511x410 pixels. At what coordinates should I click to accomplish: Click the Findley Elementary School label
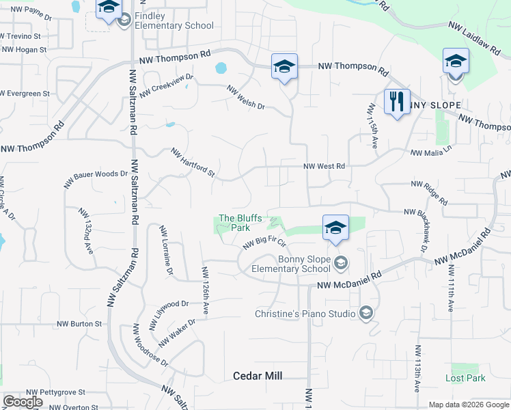[174, 20]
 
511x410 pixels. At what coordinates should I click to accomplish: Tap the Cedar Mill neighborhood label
[258, 376]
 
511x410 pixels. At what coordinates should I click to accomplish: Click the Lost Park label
[465, 378]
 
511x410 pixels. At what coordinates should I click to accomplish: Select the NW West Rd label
[324, 166]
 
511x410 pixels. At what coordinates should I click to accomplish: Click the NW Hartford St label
[193, 164]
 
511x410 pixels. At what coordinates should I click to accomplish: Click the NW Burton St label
[79, 324]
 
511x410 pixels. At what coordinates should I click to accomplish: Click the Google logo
[23, 402]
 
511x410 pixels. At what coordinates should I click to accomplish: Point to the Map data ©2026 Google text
[469, 405]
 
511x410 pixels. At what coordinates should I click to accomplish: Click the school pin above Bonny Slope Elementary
[335, 229]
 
